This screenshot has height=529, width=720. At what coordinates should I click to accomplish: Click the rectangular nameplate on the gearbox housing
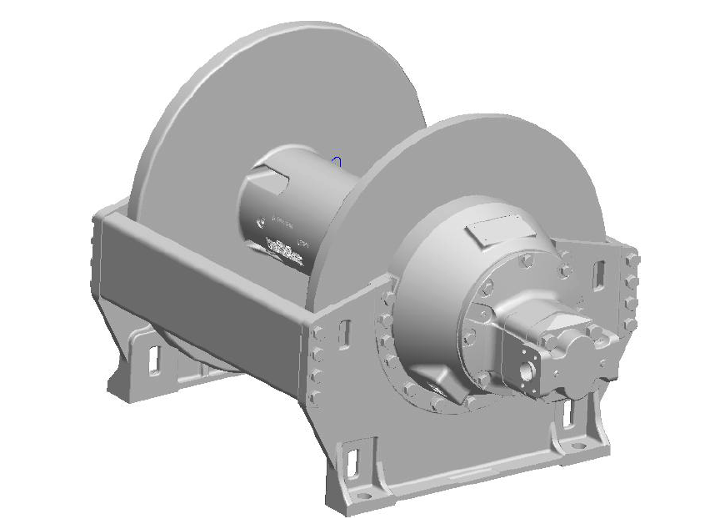point(498,231)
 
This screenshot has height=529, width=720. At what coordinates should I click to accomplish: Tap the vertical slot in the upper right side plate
point(598,274)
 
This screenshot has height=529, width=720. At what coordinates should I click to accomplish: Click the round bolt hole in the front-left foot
point(364,492)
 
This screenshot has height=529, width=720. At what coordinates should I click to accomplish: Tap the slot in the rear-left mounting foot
point(153,356)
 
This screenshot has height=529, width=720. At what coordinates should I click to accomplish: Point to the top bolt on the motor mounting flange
point(526,260)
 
